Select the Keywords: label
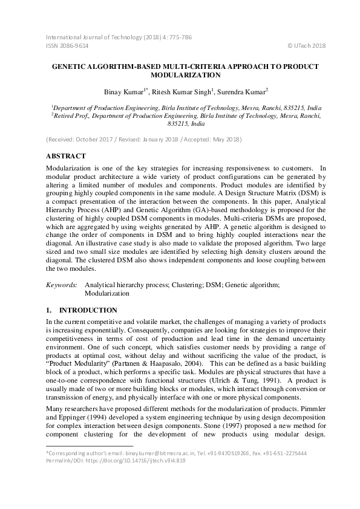coord(62,284)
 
